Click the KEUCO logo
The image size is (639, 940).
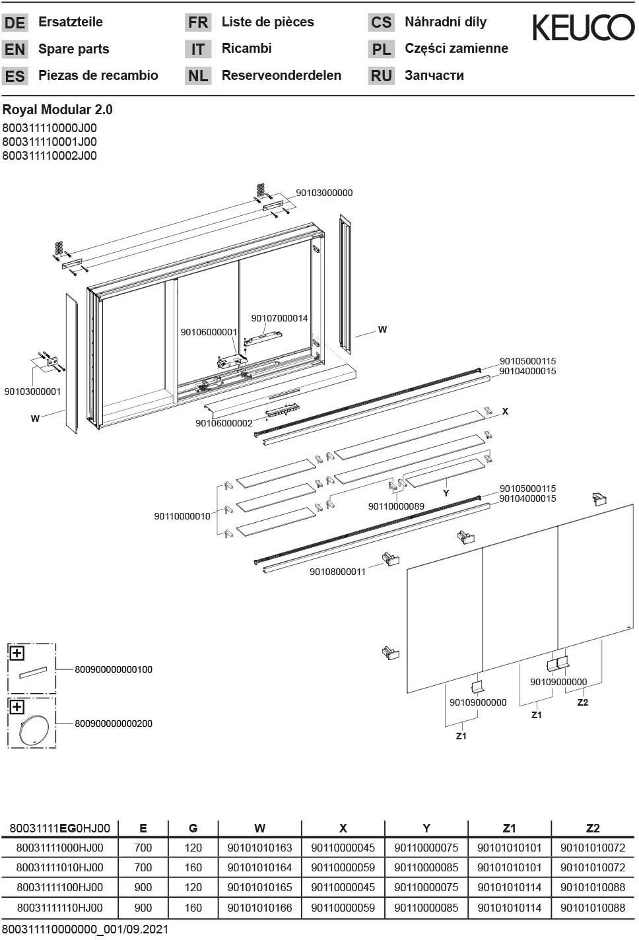583,28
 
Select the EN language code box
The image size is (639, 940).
15,50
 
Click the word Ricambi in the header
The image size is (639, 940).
246,48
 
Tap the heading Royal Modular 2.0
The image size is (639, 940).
57,110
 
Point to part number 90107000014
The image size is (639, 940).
279,318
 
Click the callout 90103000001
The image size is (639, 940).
32,391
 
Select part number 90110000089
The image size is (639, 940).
396,506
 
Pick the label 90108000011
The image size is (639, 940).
337,572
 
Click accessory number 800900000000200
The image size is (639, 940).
114,723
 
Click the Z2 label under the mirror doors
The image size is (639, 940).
582,702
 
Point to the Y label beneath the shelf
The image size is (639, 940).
446,493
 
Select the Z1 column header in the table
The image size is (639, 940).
509,828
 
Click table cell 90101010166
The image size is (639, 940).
259,908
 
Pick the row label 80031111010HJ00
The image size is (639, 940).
59,867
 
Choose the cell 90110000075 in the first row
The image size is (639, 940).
426,848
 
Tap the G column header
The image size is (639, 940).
193,828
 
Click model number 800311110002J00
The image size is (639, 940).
50,156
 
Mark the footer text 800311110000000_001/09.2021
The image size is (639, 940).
85,929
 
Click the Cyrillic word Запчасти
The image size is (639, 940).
434,75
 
